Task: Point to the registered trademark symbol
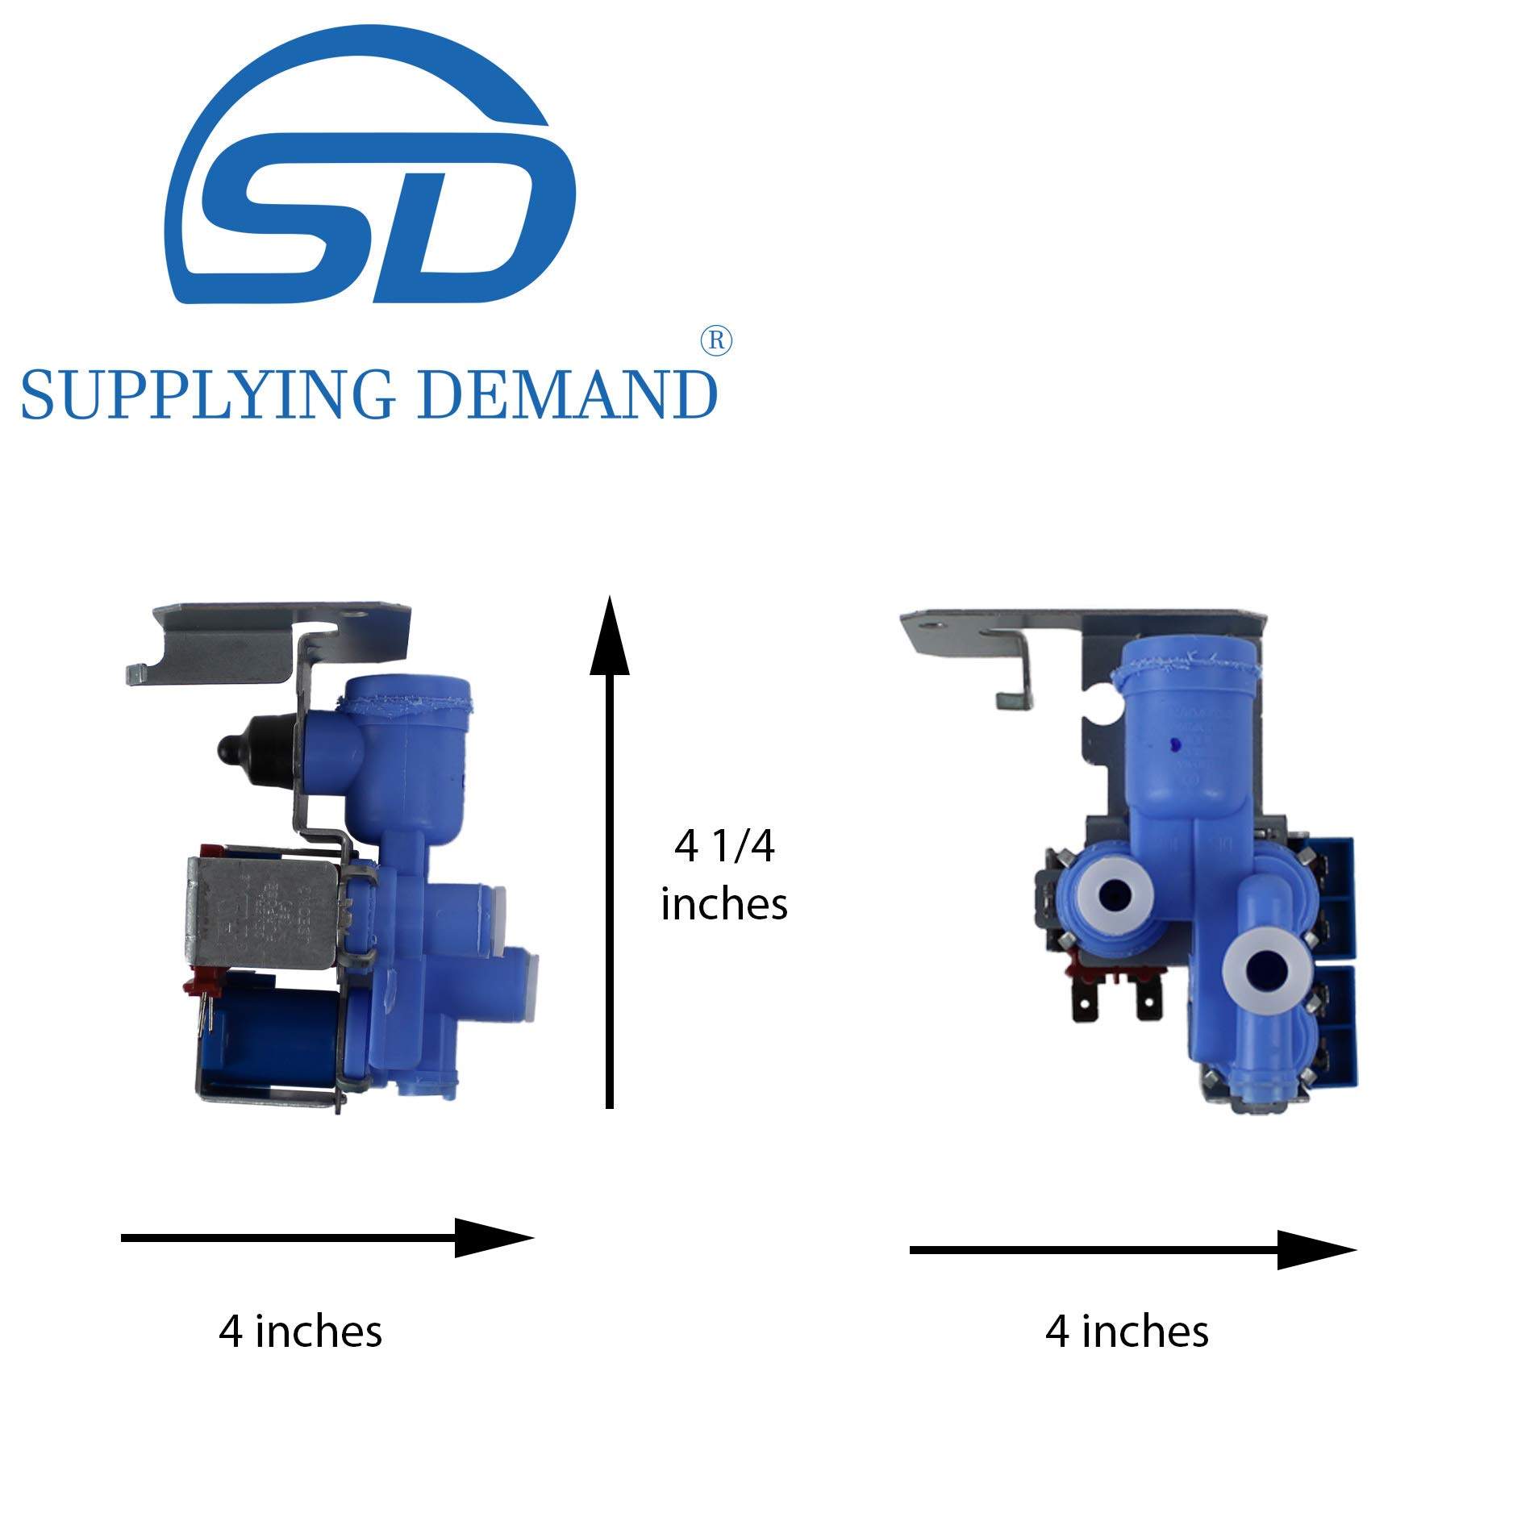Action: pyautogui.click(x=716, y=341)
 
